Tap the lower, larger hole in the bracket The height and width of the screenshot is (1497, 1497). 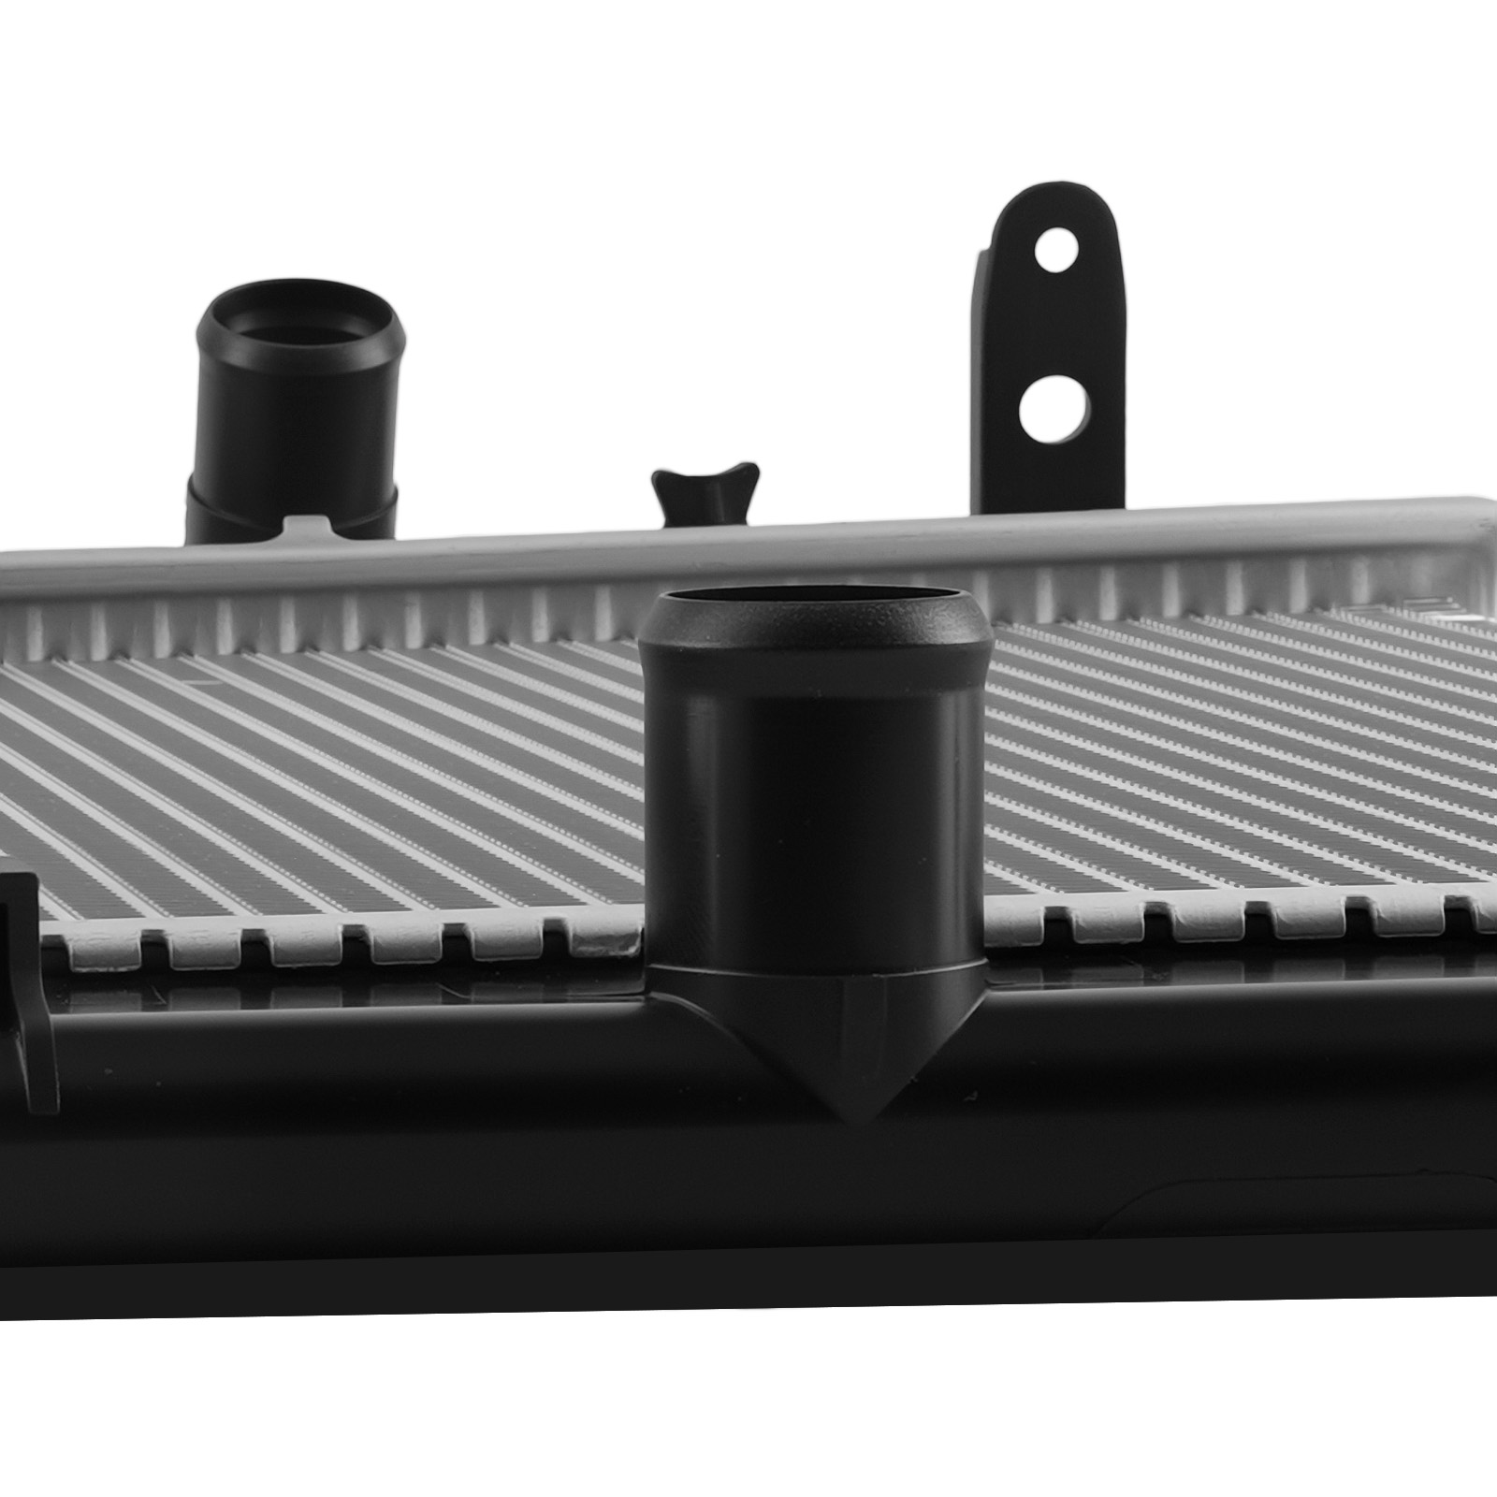click(x=1054, y=411)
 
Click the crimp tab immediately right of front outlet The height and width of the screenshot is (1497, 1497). click(x=1020, y=931)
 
